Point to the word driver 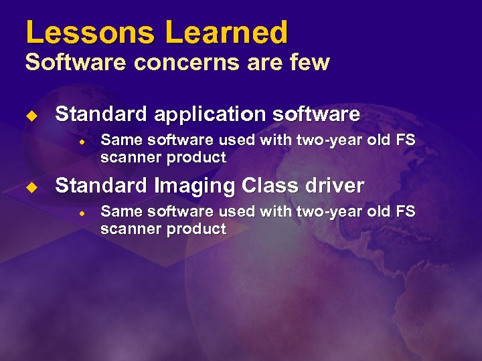click(334, 185)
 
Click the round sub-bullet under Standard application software click(80, 141)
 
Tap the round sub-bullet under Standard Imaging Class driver click(80, 213)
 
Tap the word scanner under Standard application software click(129, 158)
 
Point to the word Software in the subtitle click(61, 62)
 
